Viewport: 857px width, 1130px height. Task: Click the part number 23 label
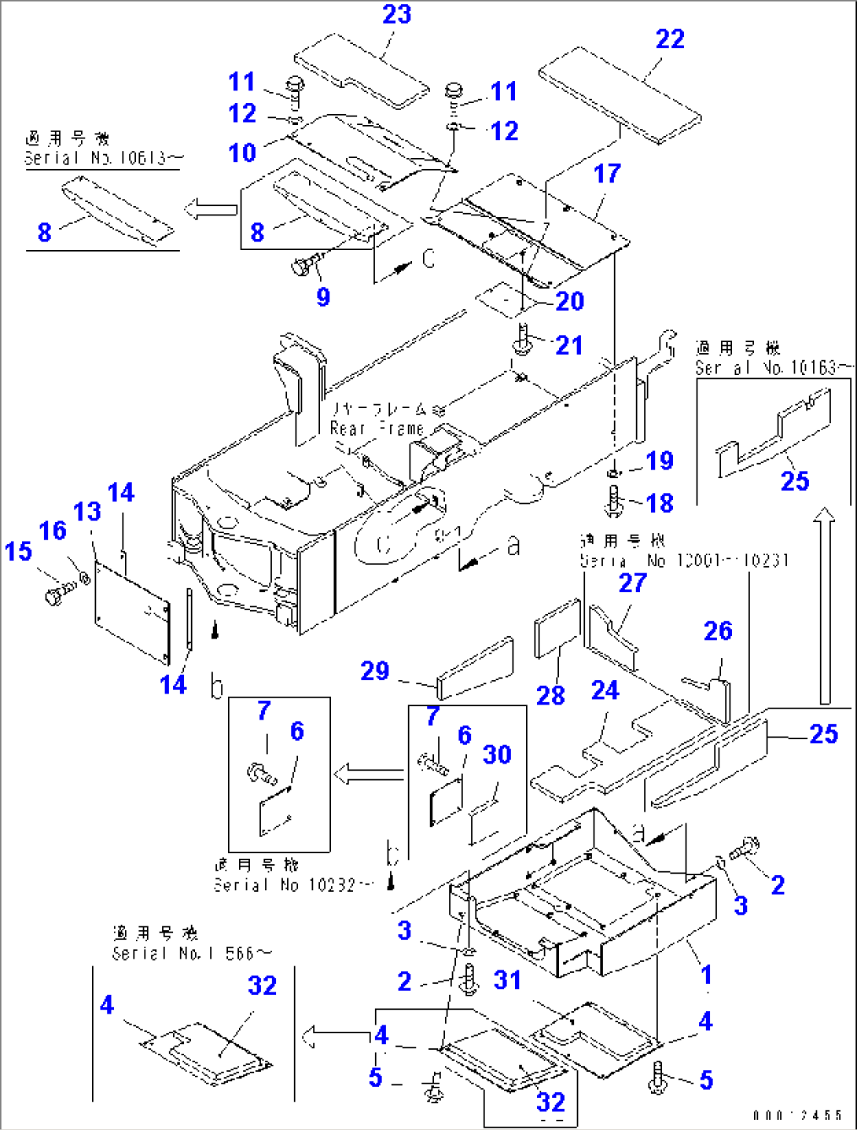(x=396, y=14)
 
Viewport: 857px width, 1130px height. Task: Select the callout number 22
(x=670, y=39)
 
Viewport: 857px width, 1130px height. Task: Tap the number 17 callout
(x=607, y=174)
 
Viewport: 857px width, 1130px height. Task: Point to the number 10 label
(x=242, y=153)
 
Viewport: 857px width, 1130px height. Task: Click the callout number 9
(x=323, y=297)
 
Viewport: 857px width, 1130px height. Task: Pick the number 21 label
(x=568, y=345)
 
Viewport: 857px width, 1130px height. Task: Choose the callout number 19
(x=660, y=461)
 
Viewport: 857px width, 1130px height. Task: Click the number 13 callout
(x=87, y=512)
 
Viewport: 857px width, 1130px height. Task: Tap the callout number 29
(x=375, y=671)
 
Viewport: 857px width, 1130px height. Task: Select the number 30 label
(x=497, y=755)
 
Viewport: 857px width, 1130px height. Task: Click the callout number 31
(x=507, y=980)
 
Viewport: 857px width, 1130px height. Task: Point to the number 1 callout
(x=706, y=974)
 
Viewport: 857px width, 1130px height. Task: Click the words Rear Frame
(x=377, y=429)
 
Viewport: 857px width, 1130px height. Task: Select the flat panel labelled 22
(x=620, y=94)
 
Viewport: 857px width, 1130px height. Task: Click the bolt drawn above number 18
(x=615, y=499)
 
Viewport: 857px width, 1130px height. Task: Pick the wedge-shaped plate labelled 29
(x=475, y=668)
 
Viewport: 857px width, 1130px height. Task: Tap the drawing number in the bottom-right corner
(x=796, y=1115)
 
